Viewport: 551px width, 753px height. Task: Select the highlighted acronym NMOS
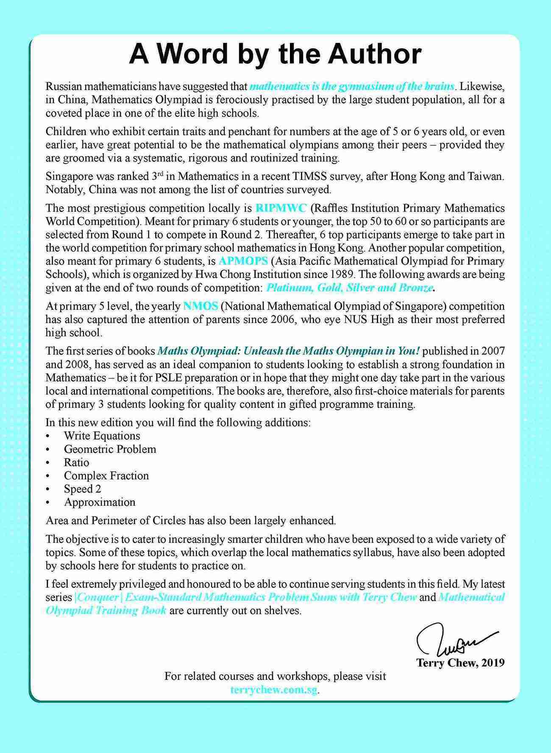coord(200,306)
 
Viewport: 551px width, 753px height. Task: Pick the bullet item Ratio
coord(77,462)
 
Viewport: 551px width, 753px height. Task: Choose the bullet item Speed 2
coord(83,489)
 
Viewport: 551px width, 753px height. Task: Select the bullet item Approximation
coord(100,502)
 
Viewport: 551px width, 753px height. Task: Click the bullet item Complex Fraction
coord(106,476)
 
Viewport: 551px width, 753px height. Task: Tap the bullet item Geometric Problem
coord(110,449)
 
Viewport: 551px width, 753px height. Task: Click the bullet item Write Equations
coord(102,436)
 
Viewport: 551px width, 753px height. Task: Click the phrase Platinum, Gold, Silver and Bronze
coord(349,288)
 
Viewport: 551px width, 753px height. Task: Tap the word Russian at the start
coord(62,87)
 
